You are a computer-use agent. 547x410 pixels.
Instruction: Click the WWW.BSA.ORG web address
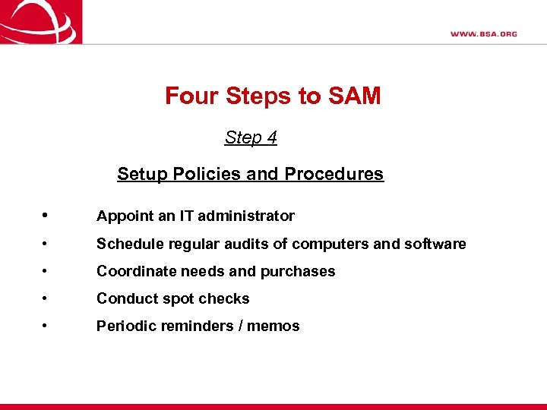[x=483, y=33]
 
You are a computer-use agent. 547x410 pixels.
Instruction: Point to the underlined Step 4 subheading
[x=251, y=137]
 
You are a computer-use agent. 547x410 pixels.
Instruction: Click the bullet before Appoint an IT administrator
[x=46, y=216]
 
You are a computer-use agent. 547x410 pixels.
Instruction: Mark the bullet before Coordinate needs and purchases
[x=46, y=271]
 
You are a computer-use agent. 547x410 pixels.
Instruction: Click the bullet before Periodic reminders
[x=46, y=326]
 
